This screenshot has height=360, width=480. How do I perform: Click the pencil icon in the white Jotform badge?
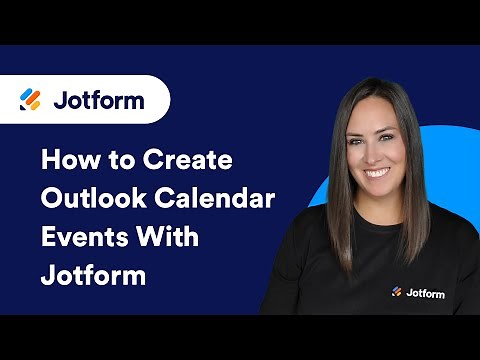click(x=31, y=100)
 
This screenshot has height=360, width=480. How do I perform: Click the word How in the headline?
click(x=67, y=160)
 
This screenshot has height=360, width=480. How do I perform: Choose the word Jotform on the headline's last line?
click(x=93, y=274)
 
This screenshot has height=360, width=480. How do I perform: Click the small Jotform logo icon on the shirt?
click(x=396, y=292)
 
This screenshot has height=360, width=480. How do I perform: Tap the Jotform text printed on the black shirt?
click(x=423, y=292)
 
